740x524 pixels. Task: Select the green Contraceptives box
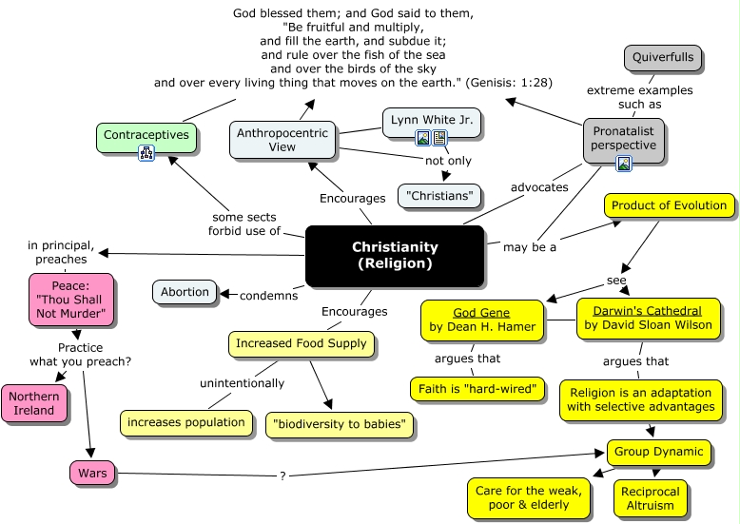(146, 136)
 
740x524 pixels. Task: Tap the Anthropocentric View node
(282, 139)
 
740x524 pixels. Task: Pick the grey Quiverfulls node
(664, 58)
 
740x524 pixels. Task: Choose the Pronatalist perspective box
(623, 138)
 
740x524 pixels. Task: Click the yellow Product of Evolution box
(669, 205)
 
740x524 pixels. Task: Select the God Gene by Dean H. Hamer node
(482, 320)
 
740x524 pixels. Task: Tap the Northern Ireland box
(34, 403)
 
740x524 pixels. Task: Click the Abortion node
(185, 292)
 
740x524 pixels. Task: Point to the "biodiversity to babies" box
(341, 424)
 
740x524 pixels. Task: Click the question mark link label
(282, 475)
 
